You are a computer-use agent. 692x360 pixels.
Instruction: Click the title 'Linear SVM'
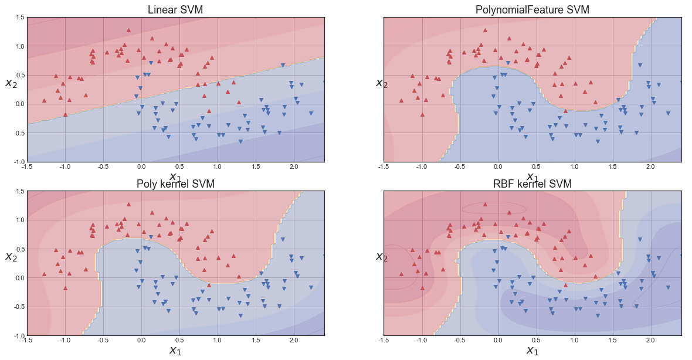[x=176, y=10]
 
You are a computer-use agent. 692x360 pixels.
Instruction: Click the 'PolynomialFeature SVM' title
[x=532, y=10]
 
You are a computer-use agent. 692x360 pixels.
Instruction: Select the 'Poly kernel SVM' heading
[x=175, y=184]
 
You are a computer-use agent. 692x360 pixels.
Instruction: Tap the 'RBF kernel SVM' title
[x=532, y=184]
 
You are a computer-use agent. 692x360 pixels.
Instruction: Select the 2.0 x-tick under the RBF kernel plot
[x=650, y=339]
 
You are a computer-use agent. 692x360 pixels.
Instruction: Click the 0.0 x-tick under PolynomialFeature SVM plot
[x=497, y=166]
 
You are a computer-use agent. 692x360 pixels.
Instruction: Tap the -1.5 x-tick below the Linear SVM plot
[x=27, y=166]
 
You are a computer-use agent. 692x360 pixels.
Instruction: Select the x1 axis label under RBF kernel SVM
[x=532, y=351]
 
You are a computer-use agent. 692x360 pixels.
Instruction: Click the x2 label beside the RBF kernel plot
[x=382, y=256]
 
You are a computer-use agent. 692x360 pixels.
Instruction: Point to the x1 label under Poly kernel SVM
[x=175, y=351]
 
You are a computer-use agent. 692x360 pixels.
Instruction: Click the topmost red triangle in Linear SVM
[x=128, y=30]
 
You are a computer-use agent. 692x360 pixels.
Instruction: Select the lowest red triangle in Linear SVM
[x=65, y=114]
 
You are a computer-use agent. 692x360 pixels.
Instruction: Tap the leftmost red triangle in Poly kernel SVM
[x=45, y=274]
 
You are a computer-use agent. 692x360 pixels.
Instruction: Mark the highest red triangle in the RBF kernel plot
[x=485, y=204]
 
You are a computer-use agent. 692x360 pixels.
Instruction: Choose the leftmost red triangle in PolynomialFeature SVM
[x=401, y=100]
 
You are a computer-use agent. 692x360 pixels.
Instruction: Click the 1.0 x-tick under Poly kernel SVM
[x=217, y=339]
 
